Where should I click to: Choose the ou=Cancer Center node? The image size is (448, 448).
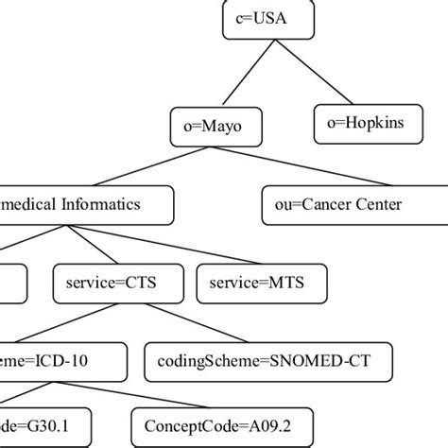click(x=346, y=204)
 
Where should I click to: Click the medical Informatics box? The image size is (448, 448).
click(x=85, y=204)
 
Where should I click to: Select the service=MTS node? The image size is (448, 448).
click(x=262, y=282)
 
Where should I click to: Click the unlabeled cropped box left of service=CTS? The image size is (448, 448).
click(x=12, y=282)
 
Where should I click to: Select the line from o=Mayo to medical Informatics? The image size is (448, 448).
click(x=151, y=165)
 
